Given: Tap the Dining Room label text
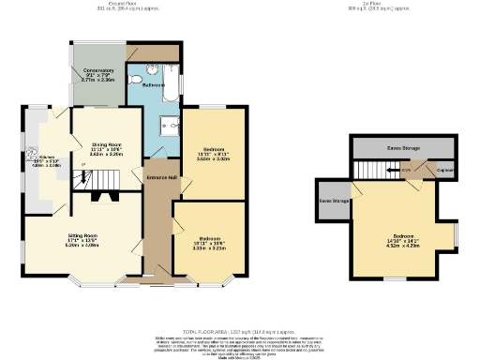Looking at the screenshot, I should point(106,144).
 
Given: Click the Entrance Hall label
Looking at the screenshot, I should point(159,177).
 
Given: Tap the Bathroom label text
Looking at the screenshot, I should point(154,85).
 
